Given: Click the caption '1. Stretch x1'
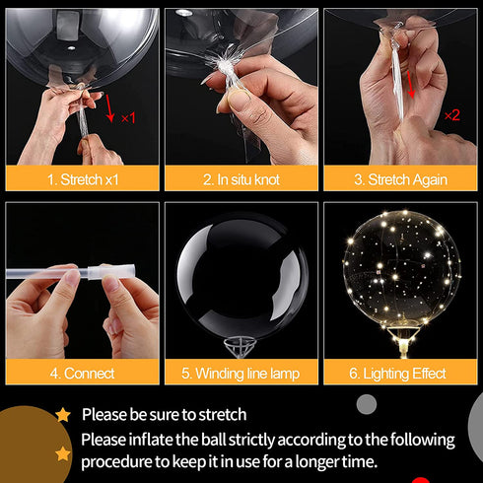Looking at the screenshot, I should tap(81, 179).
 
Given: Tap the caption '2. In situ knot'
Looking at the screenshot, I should tap(241, 179).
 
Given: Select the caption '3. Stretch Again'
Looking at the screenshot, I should tap(401, 179).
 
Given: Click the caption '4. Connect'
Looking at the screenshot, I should tap(81, 374).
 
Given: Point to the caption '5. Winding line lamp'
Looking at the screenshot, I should tap(241, 374).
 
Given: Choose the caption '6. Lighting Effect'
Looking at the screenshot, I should tap(401, 374).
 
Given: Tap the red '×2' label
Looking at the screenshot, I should tap(451, 114).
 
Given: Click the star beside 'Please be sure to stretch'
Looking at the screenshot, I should tap(63, 414).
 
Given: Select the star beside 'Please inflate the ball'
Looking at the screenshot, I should tap(63, 453).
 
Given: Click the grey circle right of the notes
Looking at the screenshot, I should tap(367, 404).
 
